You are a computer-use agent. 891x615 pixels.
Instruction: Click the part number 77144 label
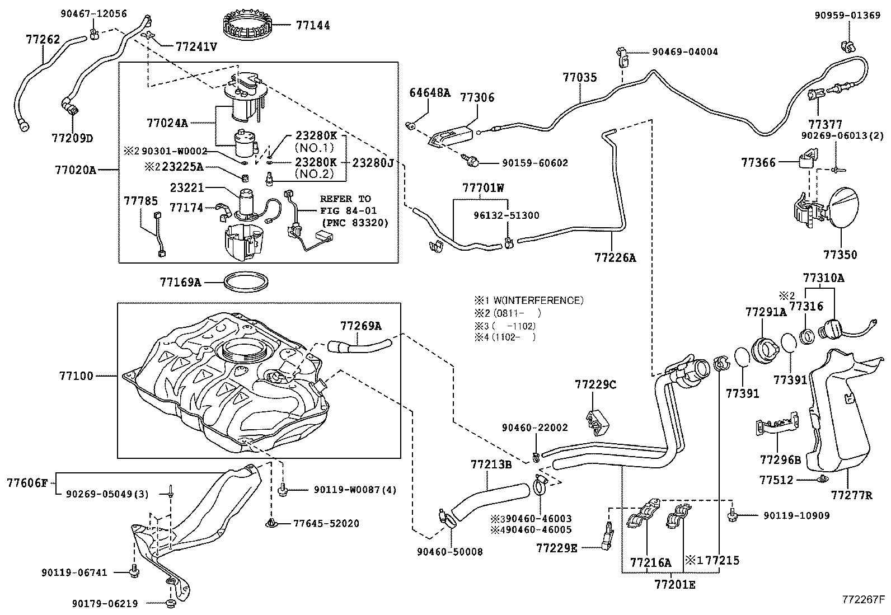313,25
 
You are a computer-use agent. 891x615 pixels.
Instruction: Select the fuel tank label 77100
76,376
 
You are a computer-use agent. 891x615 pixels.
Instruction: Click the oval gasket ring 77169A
246,281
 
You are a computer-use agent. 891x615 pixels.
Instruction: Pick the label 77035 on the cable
580,77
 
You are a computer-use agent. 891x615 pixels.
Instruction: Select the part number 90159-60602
534,163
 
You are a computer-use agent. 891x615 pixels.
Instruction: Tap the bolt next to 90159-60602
471,161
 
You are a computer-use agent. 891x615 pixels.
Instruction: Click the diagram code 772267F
863,599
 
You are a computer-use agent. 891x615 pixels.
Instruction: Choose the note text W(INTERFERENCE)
538,301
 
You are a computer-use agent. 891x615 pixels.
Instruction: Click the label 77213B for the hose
491,464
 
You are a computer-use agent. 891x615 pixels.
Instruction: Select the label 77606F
27,483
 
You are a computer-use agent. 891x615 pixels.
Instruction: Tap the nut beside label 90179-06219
171,603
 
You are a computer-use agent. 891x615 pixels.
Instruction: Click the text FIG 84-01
349,210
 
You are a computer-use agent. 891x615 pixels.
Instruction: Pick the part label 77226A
615,258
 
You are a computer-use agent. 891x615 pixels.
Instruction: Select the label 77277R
851,495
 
